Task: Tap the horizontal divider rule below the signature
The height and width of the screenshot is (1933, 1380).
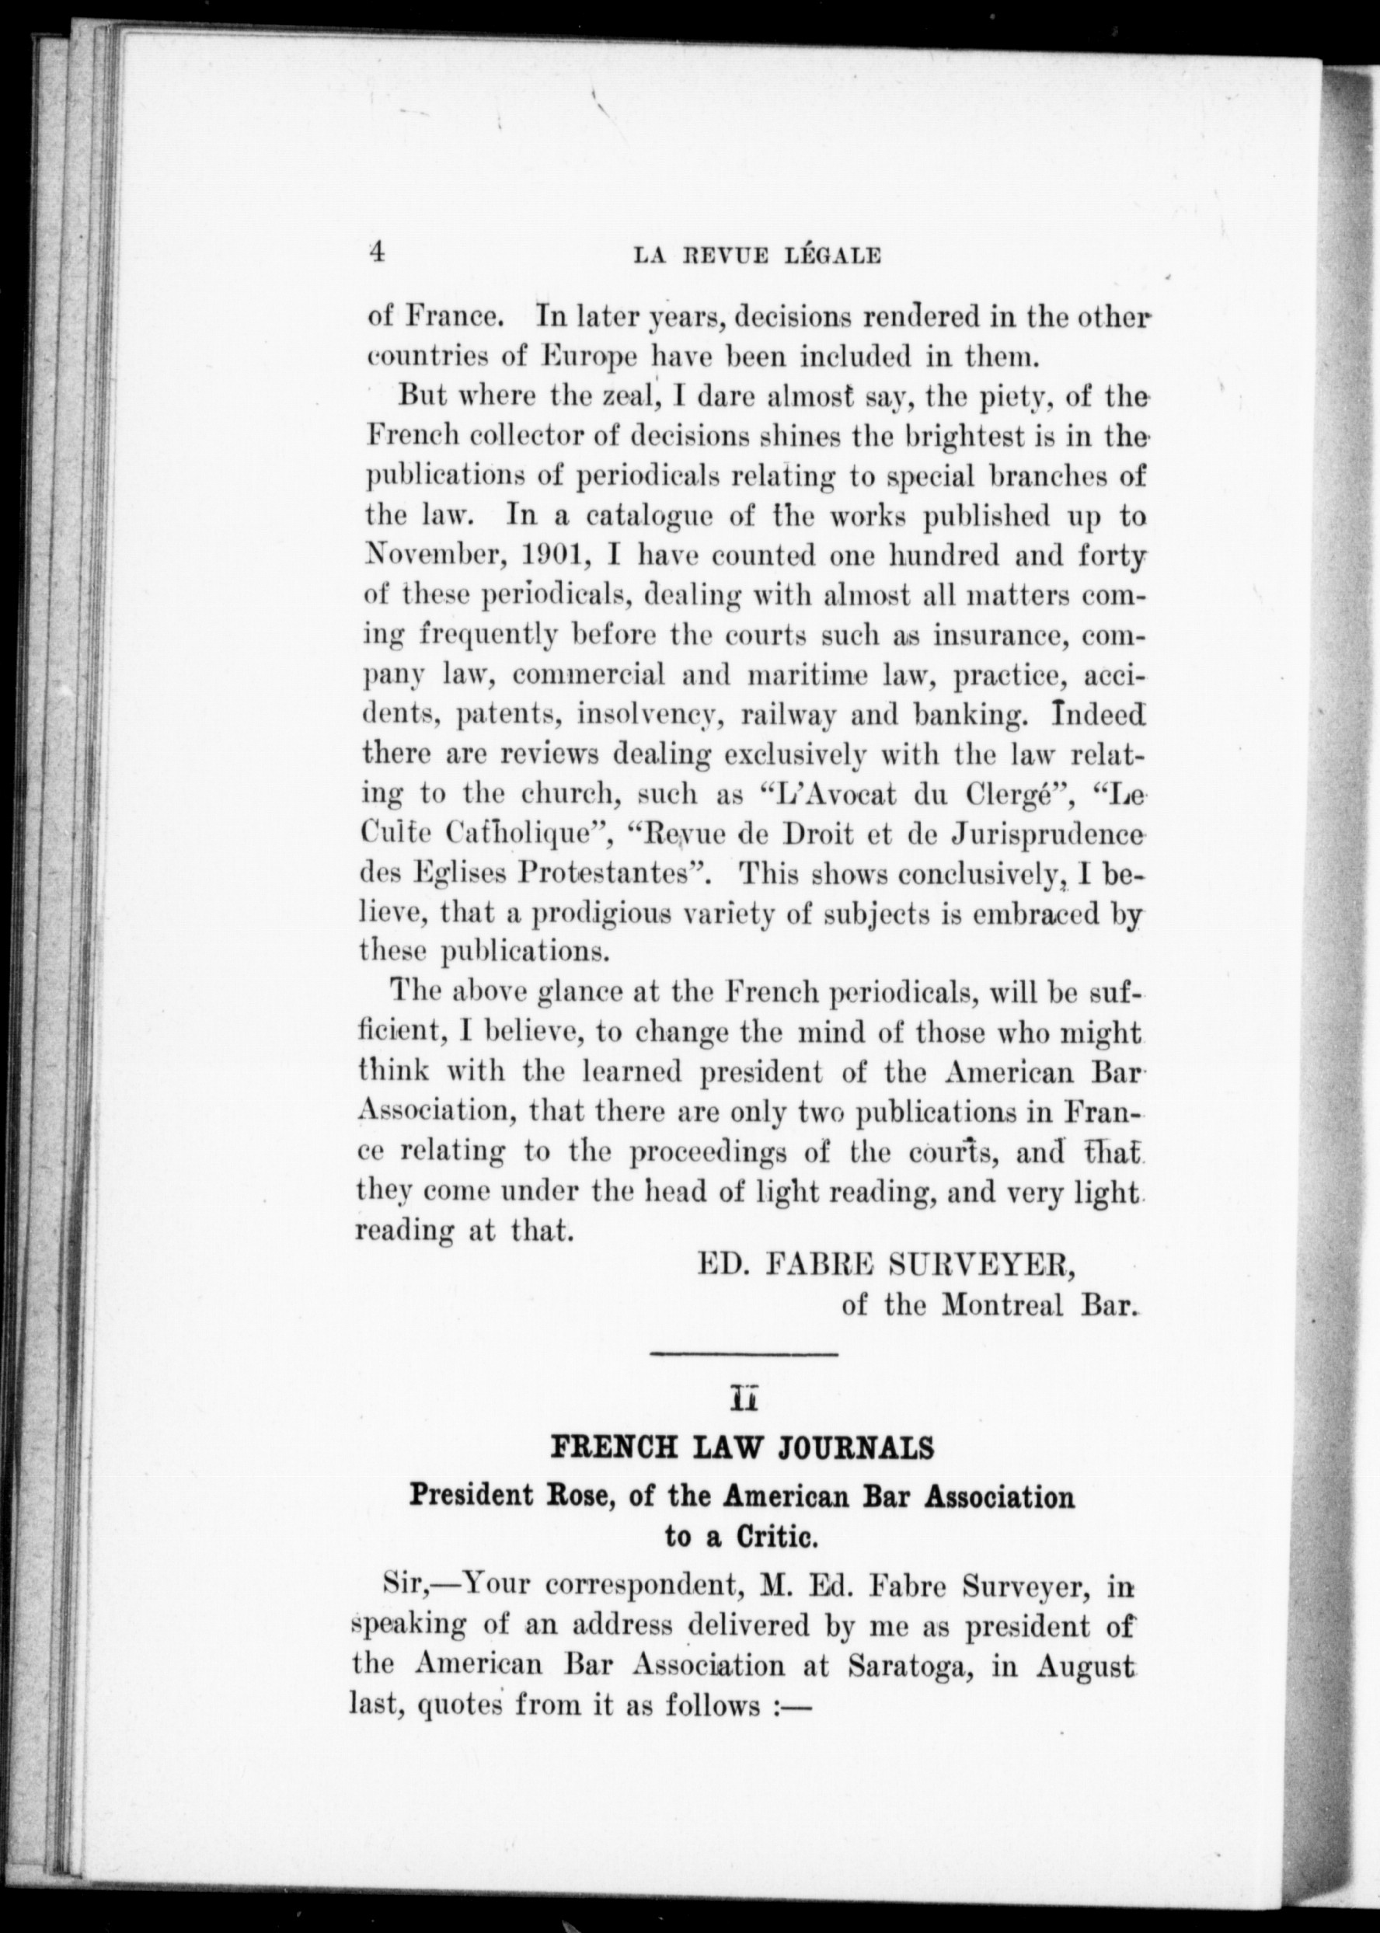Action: tap(744, 1353)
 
